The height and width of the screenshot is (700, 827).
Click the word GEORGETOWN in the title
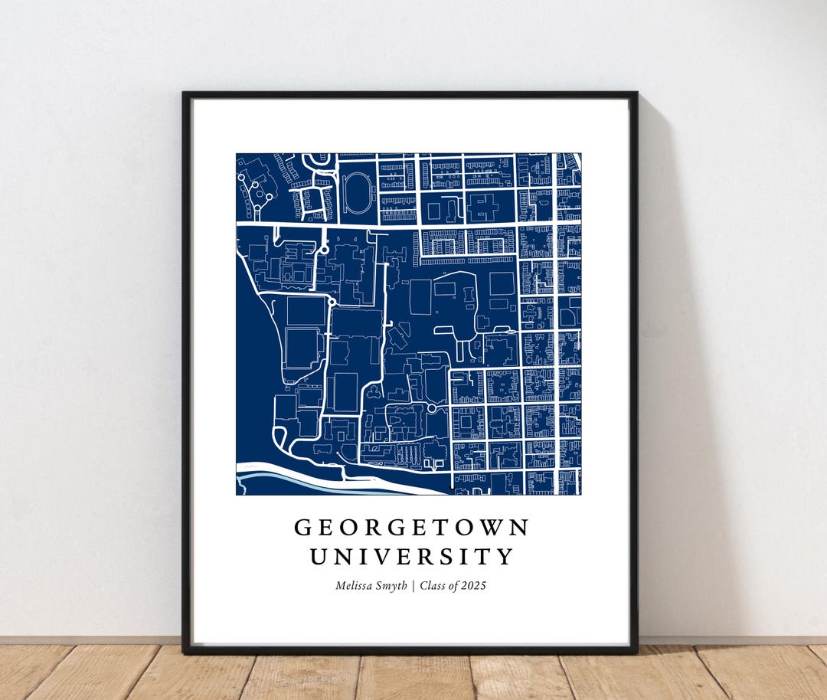pyautogui.click(x=412, y=528)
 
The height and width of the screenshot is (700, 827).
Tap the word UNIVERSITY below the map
pyautogui.click(x=412, y=557)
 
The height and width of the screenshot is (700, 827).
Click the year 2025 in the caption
pyautogui.click(x=473, y=586)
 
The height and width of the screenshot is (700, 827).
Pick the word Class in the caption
pyautogui.click(x=433, y=586)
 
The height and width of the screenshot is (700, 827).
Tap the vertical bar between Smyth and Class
pyautogui.click(x=413, y=586)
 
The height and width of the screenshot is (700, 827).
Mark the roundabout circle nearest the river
pyautogui.click(x=431, y=409)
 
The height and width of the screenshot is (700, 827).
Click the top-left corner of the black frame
pyautogui.click(x=185, y=94)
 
